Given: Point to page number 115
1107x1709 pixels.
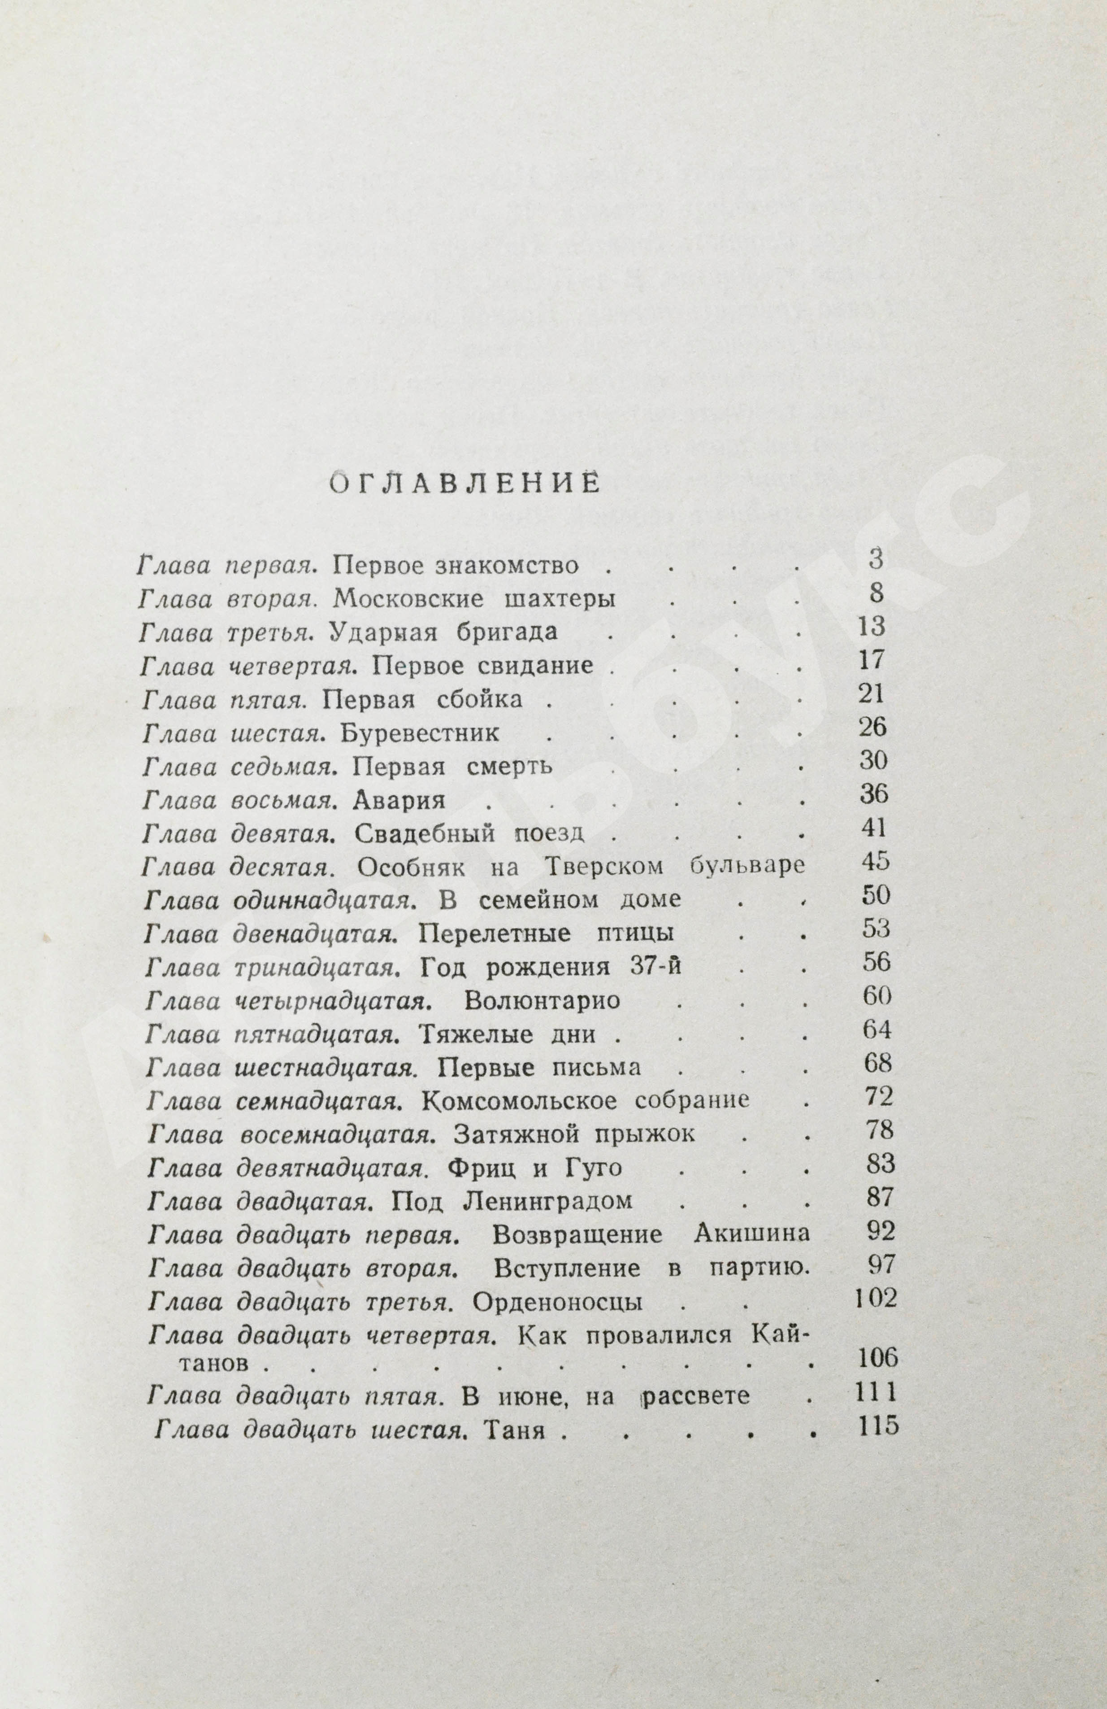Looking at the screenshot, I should (x=878, y=1426).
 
